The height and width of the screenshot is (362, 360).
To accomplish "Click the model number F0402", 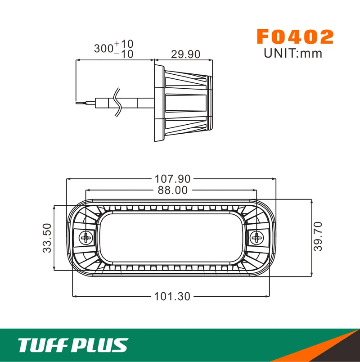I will (295, 37).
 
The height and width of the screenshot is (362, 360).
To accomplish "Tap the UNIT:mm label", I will (293, 53).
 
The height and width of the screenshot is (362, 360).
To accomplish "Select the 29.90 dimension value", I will (185, 54).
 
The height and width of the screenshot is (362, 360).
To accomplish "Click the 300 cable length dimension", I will (104, 49).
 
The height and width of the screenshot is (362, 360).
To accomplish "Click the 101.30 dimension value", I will (172, 296).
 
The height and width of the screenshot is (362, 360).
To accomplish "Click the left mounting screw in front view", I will (85, 237).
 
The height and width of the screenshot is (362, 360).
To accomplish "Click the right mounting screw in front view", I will (258, 237).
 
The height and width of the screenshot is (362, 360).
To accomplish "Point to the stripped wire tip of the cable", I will (81, 103).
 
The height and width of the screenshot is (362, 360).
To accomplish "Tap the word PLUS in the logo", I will (100, 345).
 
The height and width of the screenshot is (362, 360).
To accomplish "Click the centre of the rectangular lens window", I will (172, 238).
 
